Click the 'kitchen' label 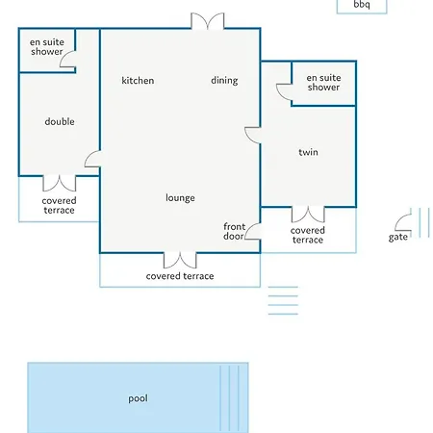[138, 80]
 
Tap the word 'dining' [224, 81]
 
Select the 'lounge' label [180, 198]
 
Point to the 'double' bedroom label [60, 121]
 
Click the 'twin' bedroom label [308, 152]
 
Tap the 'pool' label [138, 398]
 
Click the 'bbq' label [362, 5]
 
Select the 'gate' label [398, 237]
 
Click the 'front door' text [234, 231]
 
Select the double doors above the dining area [208, 20]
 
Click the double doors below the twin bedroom [308, 216]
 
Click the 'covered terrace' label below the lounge [180, 276]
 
